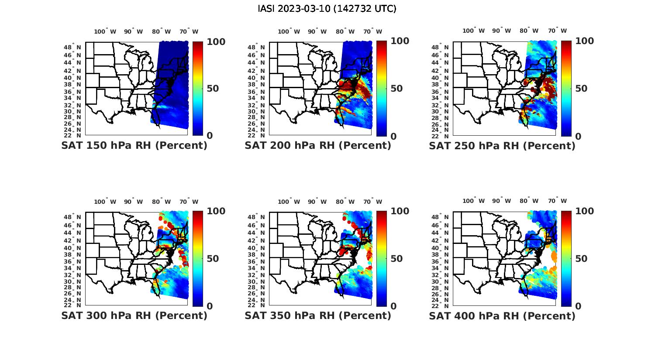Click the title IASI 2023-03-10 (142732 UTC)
327,9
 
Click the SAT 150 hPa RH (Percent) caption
134,145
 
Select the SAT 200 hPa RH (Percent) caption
318,145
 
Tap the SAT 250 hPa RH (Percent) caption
502,145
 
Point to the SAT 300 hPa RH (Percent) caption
134,315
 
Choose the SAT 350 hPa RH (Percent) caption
318,315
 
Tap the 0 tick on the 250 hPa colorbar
578,136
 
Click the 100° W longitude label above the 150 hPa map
105,31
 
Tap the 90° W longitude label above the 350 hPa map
317,202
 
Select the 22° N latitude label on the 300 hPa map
72,305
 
